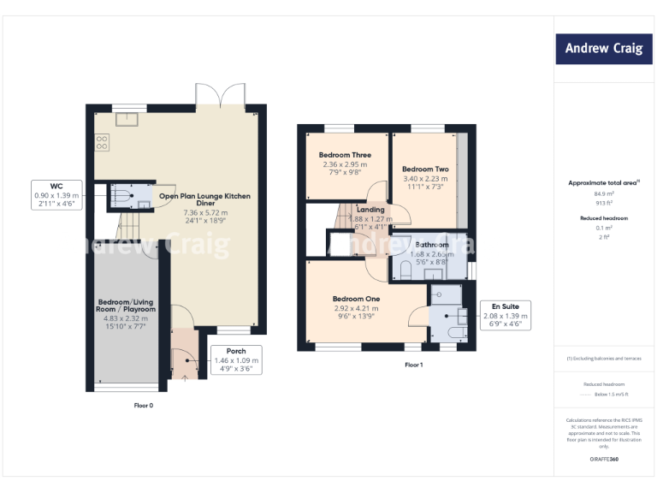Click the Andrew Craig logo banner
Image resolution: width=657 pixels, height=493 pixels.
point(603,48)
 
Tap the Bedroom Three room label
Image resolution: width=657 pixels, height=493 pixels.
point(345,155)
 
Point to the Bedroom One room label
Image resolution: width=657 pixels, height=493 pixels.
point(357,299)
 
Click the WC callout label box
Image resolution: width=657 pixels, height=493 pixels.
point(56,195)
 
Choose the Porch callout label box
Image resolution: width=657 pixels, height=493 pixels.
point(235,360)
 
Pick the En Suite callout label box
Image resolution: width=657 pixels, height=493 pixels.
point(505,315)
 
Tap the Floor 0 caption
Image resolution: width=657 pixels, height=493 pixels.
point(144,405)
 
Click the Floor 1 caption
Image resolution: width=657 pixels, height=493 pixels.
point(414,365)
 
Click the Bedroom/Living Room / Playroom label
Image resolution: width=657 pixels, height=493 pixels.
point(127,305)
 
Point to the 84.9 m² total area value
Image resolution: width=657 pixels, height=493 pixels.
point(604,193)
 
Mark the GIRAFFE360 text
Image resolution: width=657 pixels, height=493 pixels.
point(604,460)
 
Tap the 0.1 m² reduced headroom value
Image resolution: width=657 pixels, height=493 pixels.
point(604,229)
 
